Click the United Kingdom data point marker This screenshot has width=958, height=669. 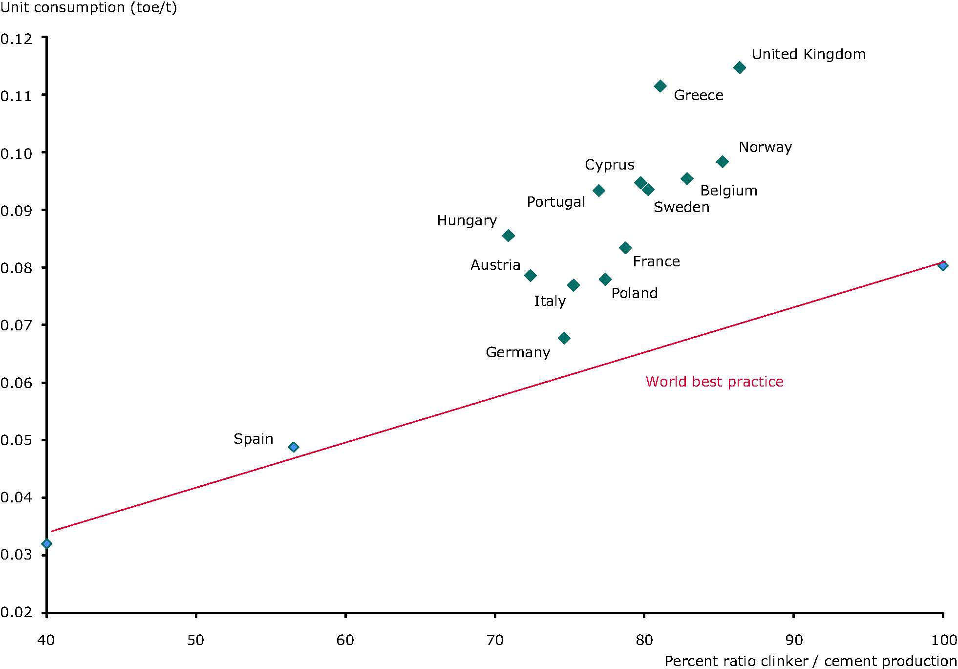point(740,67)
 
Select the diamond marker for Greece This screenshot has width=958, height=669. point(660,86)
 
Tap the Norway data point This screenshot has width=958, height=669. point(722,162)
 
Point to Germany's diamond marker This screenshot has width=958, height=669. point(564,338)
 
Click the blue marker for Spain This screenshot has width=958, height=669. point(294,447)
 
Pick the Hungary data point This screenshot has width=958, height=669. point(508,236)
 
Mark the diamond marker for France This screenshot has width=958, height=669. point(625,248)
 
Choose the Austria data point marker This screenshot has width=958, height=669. point(530,276)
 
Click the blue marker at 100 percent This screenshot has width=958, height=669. point(943,265)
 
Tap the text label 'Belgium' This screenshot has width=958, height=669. point(728,191)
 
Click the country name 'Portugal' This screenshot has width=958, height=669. point(555,202)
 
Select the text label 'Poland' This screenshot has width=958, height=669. point(634,293)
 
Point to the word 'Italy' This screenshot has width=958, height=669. point(550,301)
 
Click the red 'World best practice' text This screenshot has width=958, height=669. point(714,382)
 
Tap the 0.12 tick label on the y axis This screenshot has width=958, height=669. point(16,39)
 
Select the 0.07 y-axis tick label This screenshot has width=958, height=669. point(16,325)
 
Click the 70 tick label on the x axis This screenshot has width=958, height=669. point(495,640)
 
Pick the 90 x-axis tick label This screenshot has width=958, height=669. point(794,640)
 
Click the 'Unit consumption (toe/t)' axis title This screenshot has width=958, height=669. point(88,8)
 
